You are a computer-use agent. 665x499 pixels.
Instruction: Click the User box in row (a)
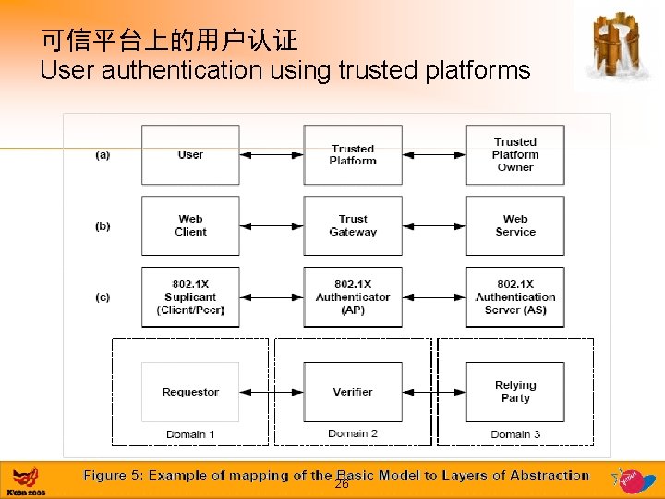pyautogui.click(x=190, y=155)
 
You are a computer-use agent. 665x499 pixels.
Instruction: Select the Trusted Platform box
pyautogui.click(x=353, y=155)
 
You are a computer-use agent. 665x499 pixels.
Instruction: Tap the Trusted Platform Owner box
pyautogui.click(x=514, y=155)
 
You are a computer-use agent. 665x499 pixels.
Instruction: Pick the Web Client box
pyautogui.click(x=190, y=225)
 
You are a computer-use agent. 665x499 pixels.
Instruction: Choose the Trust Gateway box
pyautogui.click(x=353, y=225)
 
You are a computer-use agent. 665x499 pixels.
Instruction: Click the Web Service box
pyautogui.click(x=514, y=225)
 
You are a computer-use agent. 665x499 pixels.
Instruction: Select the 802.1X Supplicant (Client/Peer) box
pyautogui.click(x=190, y=297)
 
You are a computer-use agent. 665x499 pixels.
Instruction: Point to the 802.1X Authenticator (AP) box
pyautogui.click(x=353, y=297)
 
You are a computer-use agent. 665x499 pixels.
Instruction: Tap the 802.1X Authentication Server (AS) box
pyautogui.click(x=514, y=297)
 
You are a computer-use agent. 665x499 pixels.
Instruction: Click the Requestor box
pyautogui.click(x=190, y=392)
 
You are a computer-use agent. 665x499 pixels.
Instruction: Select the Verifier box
pyautogui.click(x=353, y=392)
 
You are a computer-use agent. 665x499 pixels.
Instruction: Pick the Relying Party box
pyautogui.click(x=514, y=392)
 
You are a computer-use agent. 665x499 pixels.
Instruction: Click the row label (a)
pyautogui.click(x=103, y=155)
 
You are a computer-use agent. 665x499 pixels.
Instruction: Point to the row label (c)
pyautogui.click(x=103, y=297)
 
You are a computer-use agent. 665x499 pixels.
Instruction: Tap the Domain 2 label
pyautogui.click(x=353, y=433)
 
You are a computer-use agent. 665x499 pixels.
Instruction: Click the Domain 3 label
pyautogui.click(x=515, y=434)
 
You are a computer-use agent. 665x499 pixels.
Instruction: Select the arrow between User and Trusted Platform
pyautogui.click(x=272, y=155)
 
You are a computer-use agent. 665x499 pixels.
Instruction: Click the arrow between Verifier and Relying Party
pyautogui.click(x=434, y=392)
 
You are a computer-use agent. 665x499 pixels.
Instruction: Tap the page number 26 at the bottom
pyautogui.click(x=341, y=484)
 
